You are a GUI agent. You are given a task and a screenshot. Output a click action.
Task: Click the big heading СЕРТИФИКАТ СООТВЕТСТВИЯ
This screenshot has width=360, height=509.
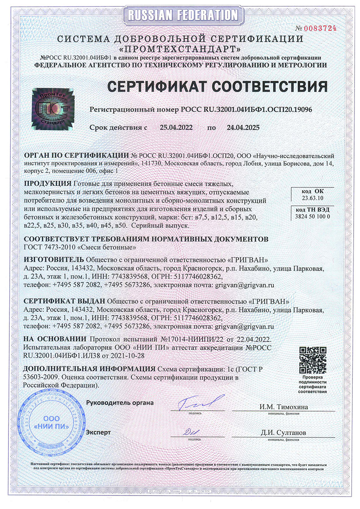coord(217,87)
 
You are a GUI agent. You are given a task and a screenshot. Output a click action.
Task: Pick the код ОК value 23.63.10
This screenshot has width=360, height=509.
coord(312,198)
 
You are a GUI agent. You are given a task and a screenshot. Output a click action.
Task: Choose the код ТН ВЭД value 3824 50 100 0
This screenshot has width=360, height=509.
coord(312,217)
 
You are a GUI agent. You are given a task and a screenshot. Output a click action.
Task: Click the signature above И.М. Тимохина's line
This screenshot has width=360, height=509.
coord(200,402)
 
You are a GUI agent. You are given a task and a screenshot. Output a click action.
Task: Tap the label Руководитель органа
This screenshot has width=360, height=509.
coord(120,403)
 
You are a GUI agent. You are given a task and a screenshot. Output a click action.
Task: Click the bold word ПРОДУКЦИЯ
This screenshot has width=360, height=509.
coord(47,183)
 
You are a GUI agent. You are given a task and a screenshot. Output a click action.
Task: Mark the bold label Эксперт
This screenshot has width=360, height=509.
coord(98,433)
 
